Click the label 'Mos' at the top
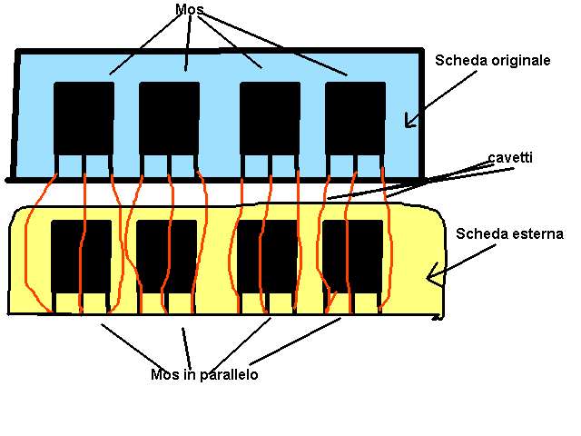click(190, 10)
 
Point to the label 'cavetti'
click(510, 157)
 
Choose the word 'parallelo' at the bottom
click(229, 375)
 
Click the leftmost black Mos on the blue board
click(84, 118)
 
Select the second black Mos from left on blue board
click(170, 118)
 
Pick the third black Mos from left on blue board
click(270, 118)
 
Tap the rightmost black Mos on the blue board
click(355, 118)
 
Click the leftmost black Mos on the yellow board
click(81, 256)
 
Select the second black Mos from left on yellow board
click(167, 256)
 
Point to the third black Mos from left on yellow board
click(267, 256)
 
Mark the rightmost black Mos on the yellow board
click(353, 256)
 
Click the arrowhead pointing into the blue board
click(410, 121)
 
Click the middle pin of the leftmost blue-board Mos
click(84, 165)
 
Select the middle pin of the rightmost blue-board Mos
click(355, 165)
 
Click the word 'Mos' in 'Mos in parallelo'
click(165, 374)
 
